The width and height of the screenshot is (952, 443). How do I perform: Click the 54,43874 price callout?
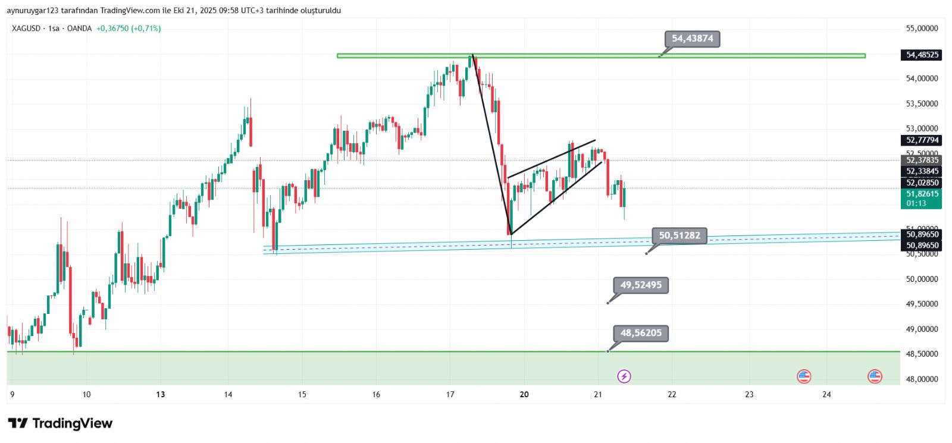pos(692,39)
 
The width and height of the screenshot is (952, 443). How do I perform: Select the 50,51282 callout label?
pos(679,235)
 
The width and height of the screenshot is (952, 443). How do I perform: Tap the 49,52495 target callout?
pos(641,285)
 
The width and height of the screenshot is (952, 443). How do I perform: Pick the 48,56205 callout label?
pos(641,333)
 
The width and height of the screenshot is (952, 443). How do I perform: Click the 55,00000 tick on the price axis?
pos(922,29)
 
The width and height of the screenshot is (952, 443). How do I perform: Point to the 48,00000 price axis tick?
pos(922,379)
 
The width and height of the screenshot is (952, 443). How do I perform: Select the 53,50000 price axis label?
pos(922,103)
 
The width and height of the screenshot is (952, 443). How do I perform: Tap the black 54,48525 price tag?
pos(922,55)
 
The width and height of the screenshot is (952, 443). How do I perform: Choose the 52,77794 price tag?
pos(922,140)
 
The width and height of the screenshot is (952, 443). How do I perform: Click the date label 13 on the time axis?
pos(160,394)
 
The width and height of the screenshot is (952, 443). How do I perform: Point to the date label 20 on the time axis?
pos(524,394)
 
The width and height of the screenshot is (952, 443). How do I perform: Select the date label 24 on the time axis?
pos(826,394)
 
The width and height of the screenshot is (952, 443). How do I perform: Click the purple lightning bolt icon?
pos(624,376)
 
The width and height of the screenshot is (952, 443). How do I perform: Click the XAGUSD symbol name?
pos(26,29)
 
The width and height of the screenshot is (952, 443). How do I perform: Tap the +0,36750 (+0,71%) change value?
pos(129,29)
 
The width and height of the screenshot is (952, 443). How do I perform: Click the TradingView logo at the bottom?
pos(60,423)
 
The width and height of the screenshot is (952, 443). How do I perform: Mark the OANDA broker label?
pos(79,29)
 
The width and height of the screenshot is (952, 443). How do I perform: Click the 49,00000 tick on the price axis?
pos(922,329)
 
